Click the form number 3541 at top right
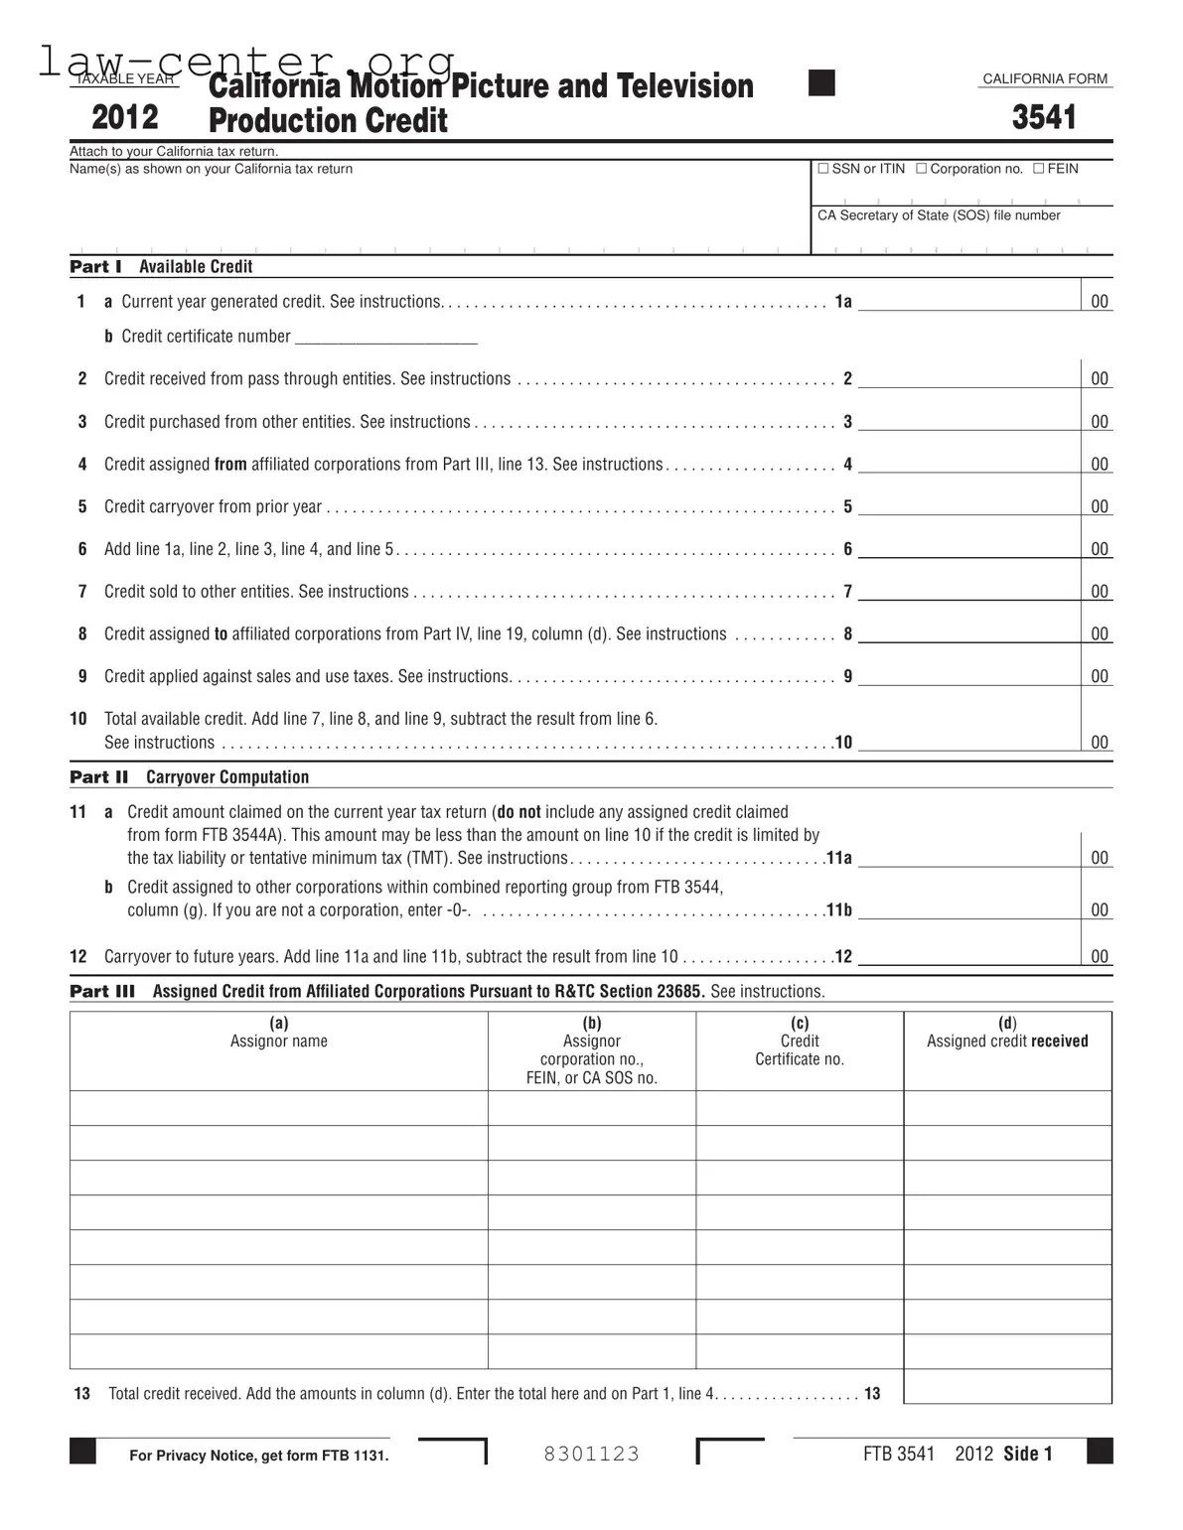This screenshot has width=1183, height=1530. coord(1044,117)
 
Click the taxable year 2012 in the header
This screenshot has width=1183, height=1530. coord(125,117)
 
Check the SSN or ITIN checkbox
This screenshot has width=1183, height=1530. coord(822,169)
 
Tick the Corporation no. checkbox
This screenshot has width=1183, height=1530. coord(921,169)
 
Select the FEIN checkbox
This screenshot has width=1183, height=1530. coord(1038,169)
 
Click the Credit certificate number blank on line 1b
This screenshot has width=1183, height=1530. coord(386,336)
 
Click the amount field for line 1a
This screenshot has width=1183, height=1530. coord(968,301)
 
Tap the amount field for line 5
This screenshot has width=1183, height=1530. coord(968,506)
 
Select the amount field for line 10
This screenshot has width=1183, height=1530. coord(968,742)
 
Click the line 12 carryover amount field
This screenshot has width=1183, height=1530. coord(968,956)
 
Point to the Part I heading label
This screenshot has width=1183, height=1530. coord(95,266)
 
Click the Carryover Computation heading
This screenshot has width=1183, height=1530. coord(227,776)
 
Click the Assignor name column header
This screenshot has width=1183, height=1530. coord(279,1041)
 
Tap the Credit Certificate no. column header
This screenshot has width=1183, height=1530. coord(800,1049)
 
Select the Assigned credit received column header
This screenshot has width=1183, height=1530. coord(1007,1041)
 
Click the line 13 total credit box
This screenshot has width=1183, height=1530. coord(1007,1386)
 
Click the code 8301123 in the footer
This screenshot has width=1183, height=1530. coord(592,1454)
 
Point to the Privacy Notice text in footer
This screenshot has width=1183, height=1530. coord(258,1456)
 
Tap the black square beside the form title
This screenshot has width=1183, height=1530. coord(821,83)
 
